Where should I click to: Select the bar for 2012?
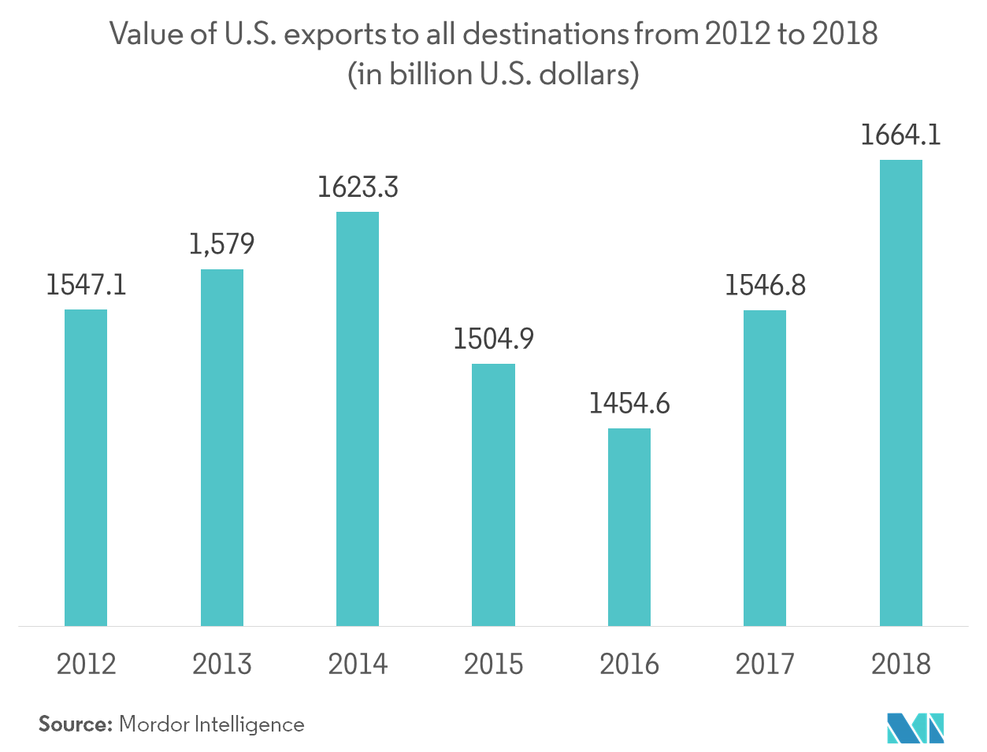click(x=85, y=468)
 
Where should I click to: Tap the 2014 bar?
click(x=358, y=419)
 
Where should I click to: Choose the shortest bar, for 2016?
click(x=629, y=527)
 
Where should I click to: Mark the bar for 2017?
click(x=765, y=468)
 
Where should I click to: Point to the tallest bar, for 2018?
click(x=901, y=393)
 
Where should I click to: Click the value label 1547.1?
click(x=85, y=285)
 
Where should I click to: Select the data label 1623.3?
click(x=358, y=187)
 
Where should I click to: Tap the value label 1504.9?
click(x=494, y=339)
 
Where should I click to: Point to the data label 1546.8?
click(x=765, y=286)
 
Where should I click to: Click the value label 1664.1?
click(x=901, y=135)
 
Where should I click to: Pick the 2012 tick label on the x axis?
click(x=86, y=664)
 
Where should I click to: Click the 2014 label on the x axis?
click(x=358, y=664)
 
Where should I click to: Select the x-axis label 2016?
click(x=629, y=664)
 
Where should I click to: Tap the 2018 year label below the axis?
click(x=901, y=664)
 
